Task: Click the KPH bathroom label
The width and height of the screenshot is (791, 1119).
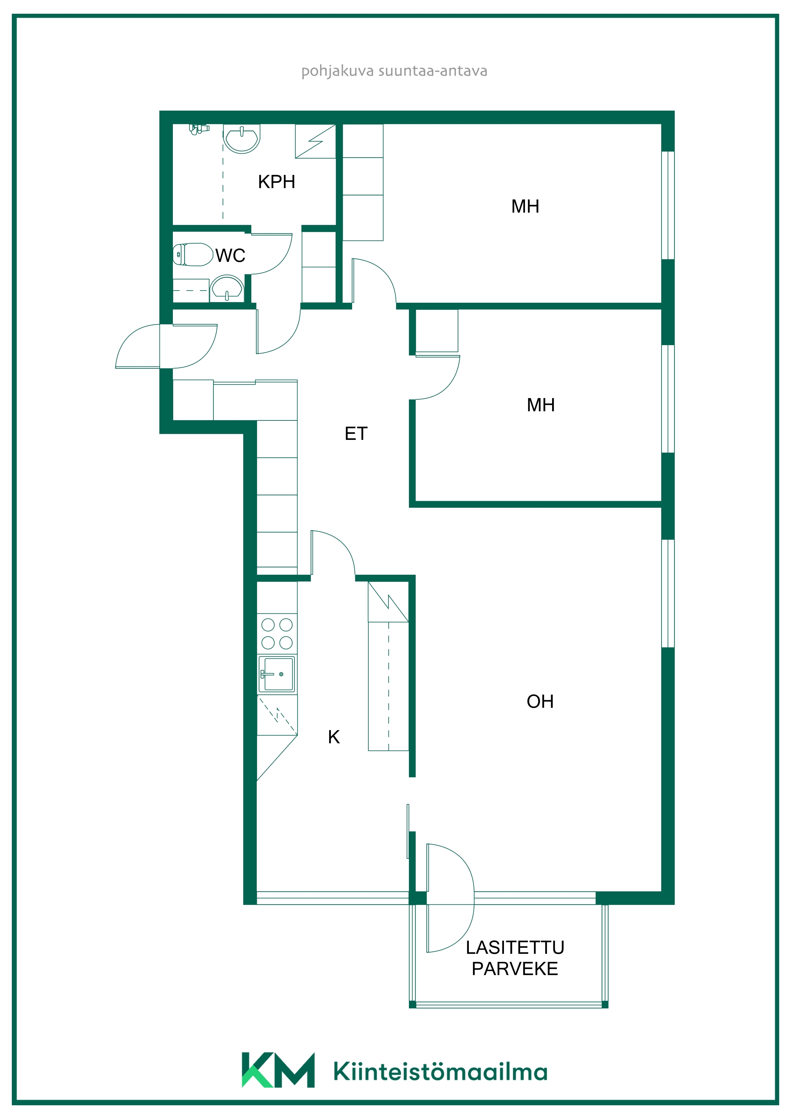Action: click(x=276, y=182)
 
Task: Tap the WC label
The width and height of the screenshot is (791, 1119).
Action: click(x=230, y=256)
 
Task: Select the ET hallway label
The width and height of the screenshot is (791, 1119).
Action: click(x=356, y=433)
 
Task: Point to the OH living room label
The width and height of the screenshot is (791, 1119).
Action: click(x=540, y=701)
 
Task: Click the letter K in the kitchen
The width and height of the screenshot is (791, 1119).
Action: click(x=334, y=737)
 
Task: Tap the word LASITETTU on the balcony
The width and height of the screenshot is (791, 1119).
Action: click(x=515, y=947)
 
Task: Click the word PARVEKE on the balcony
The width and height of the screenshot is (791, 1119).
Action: click(x=515, y=968)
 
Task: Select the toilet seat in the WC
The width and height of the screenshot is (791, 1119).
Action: click(x=193, y=255)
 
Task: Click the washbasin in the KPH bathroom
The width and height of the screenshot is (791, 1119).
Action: click(x=242, y=139)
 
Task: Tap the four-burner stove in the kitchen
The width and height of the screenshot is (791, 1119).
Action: click(x=277, y=634)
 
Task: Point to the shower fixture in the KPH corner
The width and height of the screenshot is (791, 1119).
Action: click(x=199, y=129)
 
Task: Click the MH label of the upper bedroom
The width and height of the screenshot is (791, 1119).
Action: click(x=525, y=206)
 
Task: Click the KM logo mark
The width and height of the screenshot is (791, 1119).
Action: click(x=278, y=1070)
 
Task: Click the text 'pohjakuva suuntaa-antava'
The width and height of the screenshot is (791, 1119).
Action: click(x=394, y=71)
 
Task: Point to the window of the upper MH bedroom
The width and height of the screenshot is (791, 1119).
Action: click(x=668, y=205)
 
